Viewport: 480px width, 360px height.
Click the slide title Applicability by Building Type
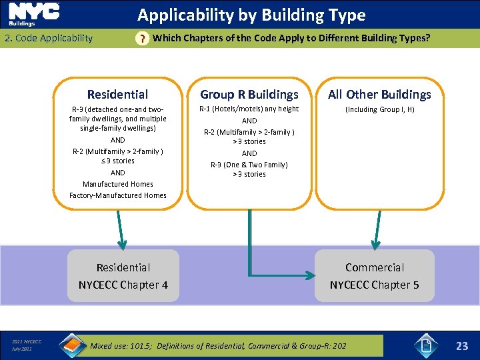click(251, 15)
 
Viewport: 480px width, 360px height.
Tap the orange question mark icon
click(141, 39)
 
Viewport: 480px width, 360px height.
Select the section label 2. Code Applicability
click(49, 38)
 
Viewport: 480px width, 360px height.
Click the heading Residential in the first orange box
click(117, 95)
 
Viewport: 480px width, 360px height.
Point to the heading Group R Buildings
click(249, 95)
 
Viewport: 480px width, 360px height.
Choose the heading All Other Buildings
click(379, 95)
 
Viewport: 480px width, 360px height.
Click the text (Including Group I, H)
click(379, 109)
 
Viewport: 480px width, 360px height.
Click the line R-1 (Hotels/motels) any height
click(249, 109)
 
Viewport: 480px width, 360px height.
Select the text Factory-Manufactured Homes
click(118, 195)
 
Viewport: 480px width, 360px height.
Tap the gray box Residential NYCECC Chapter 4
click(123, 276)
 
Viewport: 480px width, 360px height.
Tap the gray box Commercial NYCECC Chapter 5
click(374, 276)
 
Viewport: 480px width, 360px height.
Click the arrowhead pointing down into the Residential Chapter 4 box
click(121, 243)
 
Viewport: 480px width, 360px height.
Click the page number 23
click(462, 345)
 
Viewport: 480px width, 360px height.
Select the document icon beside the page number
click(424, 345)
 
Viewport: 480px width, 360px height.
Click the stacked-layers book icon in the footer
click(72, 345)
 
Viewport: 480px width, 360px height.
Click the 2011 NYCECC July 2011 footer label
click(26, 345)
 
